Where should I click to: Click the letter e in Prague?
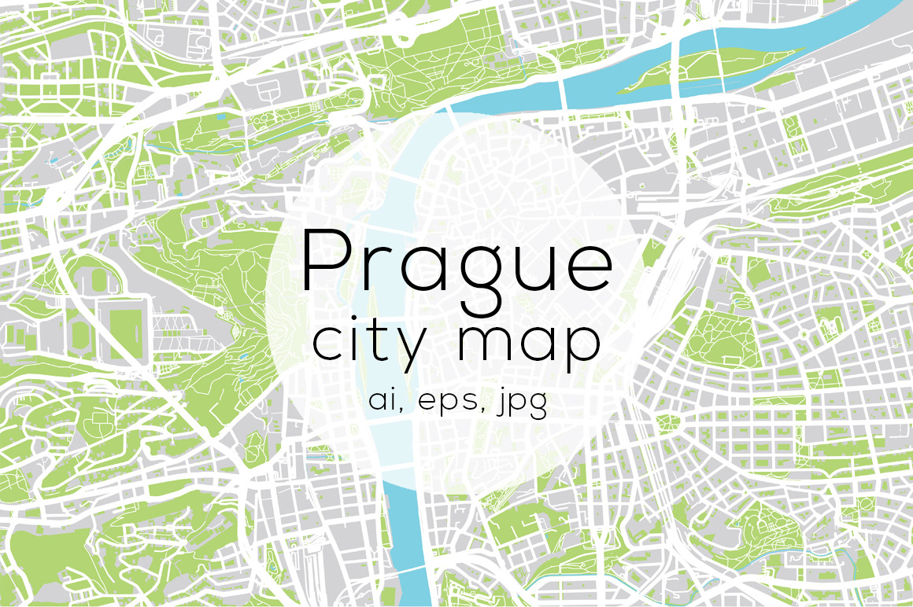click(587, 268)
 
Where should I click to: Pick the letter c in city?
click(327, 344)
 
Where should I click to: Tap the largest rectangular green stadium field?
click(120, 323)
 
